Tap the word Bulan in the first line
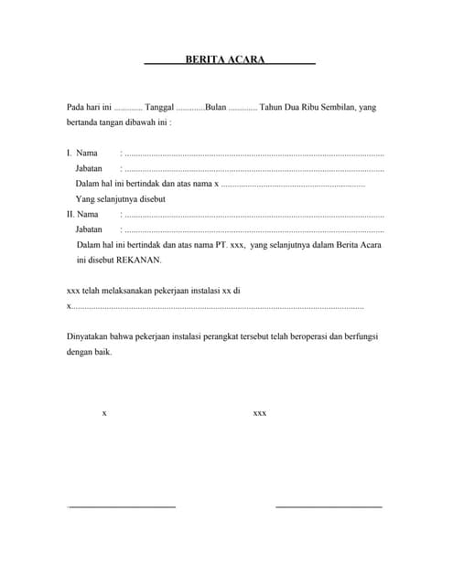[216, 108]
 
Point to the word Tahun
[273, 108]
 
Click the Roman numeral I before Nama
[69, 153]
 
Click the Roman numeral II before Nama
[70, 215]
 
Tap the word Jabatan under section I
[89, 168]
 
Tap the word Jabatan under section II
[89, 229]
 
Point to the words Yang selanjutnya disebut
[121, 199]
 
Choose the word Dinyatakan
[88, 336]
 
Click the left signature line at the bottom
[122, 505]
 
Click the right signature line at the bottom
[329, 505]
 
